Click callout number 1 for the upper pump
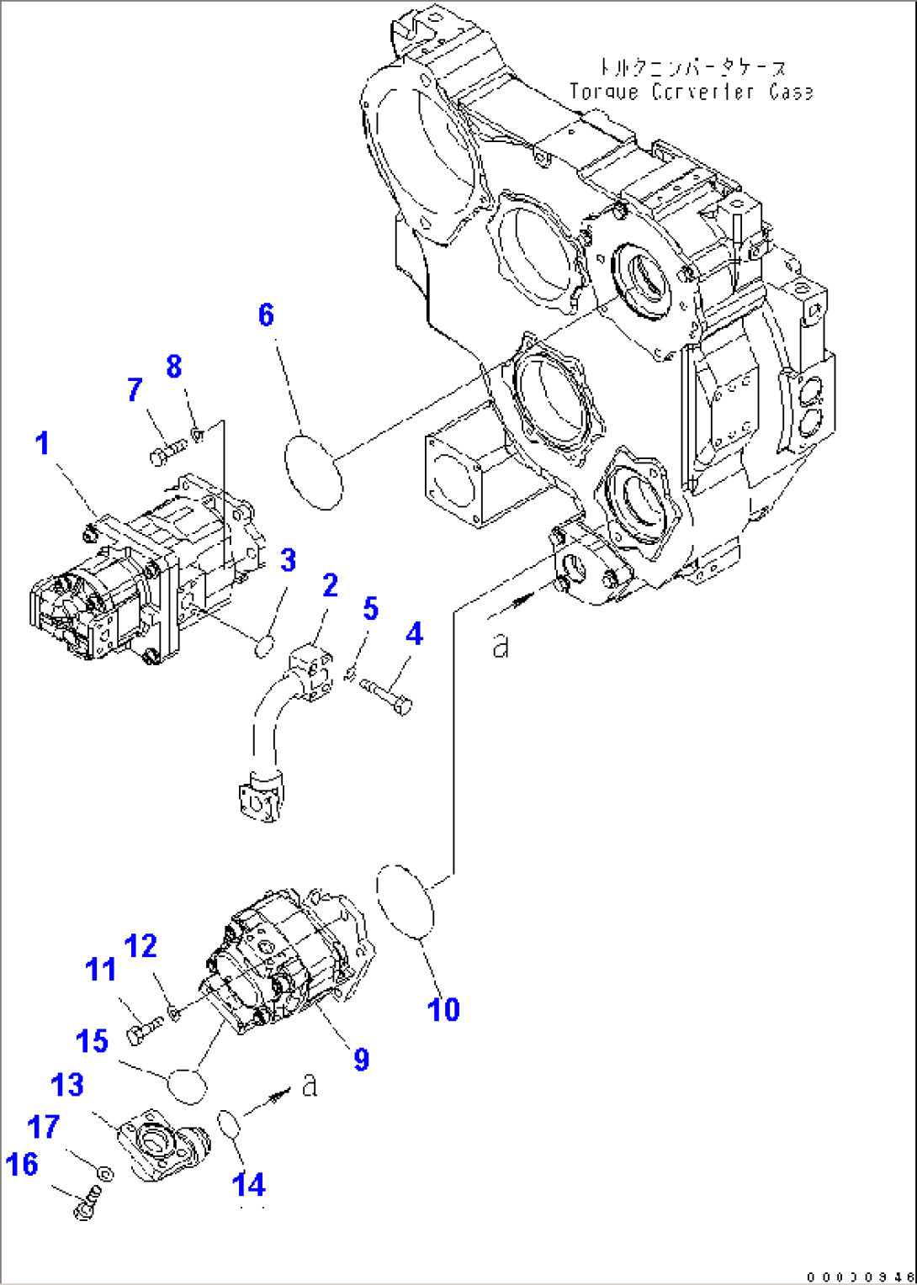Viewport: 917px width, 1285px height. coord(42,443)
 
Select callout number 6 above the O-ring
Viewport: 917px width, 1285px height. coord(266,315)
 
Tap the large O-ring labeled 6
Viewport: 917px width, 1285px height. coord(313,471)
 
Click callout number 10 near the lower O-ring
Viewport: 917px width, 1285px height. coord(443,1008)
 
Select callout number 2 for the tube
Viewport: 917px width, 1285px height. coord(330,585)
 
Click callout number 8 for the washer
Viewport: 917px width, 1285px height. coord(173,367)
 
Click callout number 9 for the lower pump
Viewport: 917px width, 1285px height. coord(361,1058)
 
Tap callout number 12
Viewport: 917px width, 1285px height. coord(140,947)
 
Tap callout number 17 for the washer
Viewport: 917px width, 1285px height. coord(44,1126)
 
